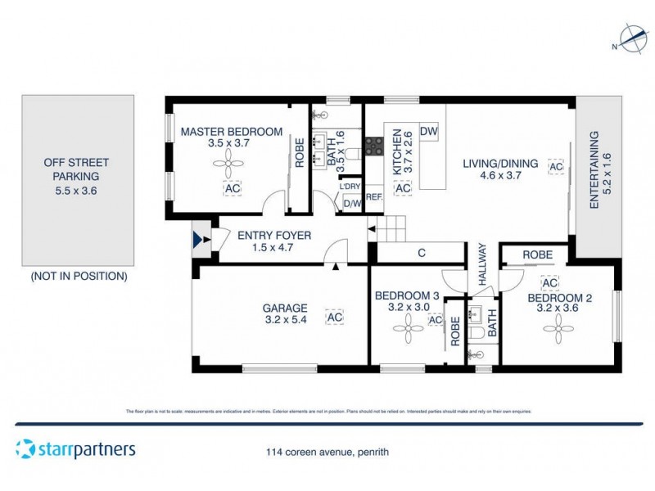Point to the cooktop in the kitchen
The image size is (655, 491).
click(x=374, y=146)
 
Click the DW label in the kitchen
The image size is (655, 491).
click(x=428, y=131)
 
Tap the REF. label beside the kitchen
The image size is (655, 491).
click(x=374, y=197)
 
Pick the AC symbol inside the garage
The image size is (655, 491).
click(x=334, y=317)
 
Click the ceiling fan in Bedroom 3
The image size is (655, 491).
click(x=405, y=330)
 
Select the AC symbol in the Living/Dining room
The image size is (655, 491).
click(x=557, y=166)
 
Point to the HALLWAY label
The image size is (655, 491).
click(x=482, y=264)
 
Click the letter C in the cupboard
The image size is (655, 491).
click(x=422, y=254)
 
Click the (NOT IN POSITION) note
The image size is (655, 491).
click(x=79, y=277)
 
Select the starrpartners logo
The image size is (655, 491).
click(x=75, y=448)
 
